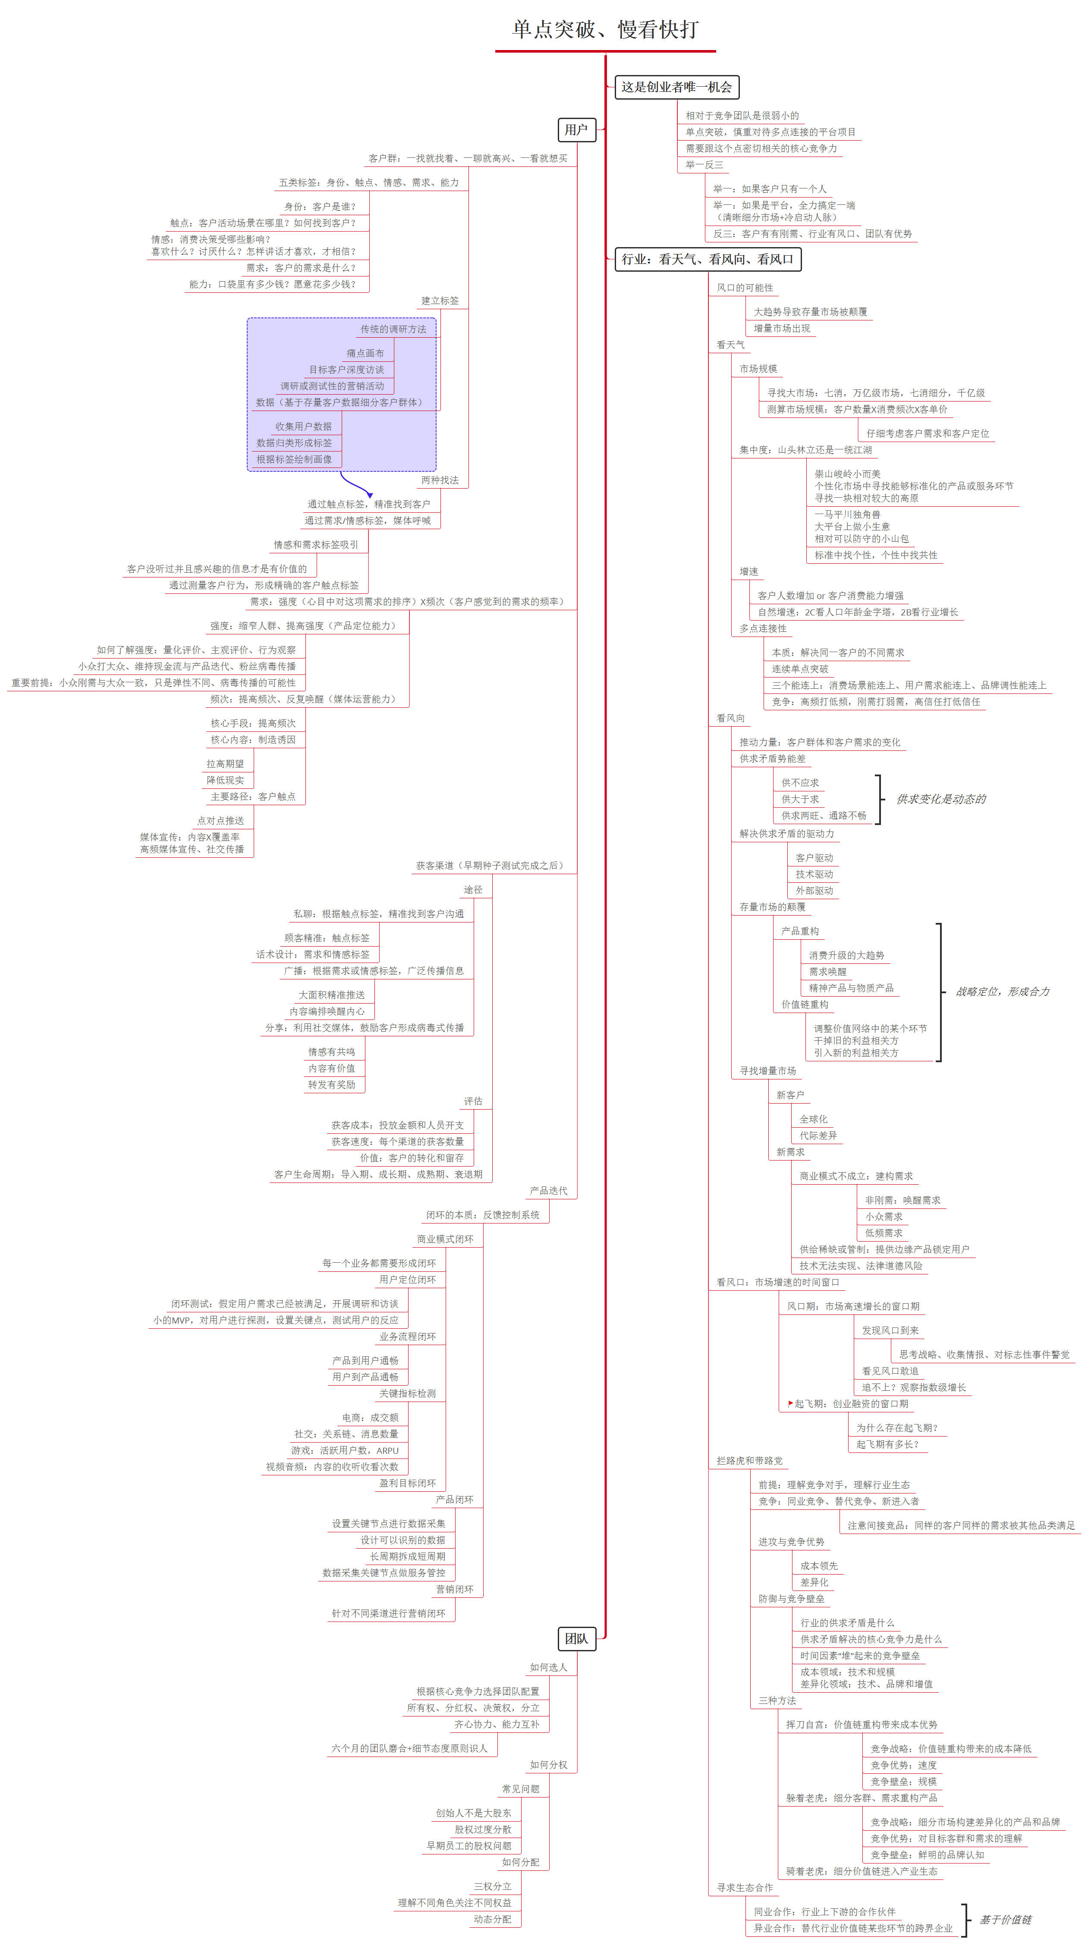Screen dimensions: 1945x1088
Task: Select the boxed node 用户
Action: (576, 130)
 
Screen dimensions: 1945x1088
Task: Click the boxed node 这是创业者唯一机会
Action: (676, 87)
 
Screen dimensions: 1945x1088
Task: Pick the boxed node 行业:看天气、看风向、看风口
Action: (708, 259)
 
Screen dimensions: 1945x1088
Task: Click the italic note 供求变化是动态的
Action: (941, 799)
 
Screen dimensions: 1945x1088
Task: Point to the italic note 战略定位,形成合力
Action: (1002, 991)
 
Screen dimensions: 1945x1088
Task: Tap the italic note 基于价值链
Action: (1005, 1919)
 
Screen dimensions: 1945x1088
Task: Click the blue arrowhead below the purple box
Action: (369, 495)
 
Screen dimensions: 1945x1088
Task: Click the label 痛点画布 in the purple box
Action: (365, 353)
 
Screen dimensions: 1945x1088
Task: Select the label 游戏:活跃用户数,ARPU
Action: (345, 1450)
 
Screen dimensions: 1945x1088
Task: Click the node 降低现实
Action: (225, 780)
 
